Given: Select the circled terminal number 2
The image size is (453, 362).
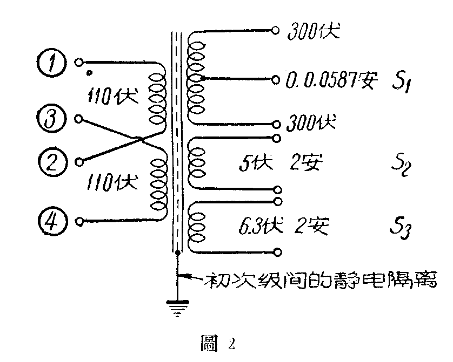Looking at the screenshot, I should pos(52,160).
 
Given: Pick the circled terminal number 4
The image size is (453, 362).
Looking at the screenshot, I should pos(52,221).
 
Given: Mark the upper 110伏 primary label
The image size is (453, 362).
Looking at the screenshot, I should pos(112,97).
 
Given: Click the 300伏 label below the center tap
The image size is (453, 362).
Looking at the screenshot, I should pos(311,123).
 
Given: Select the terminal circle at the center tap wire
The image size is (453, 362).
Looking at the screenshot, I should pos(276,80).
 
